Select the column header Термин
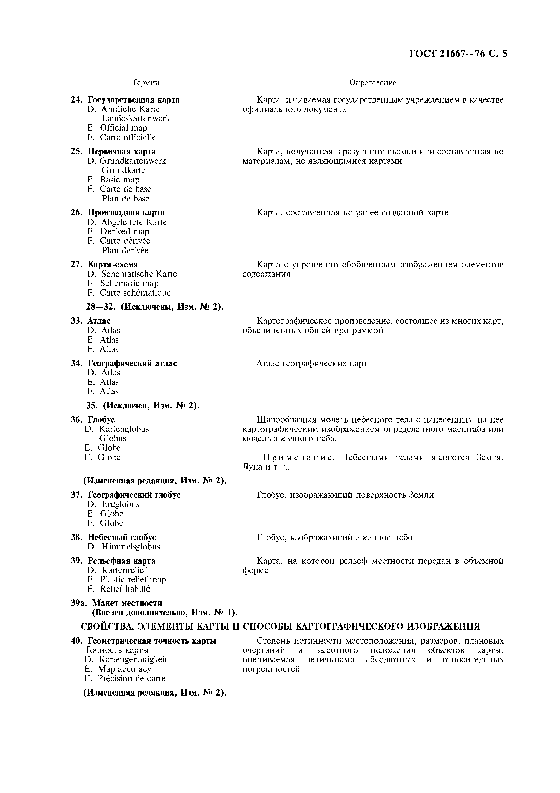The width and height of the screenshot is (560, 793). point(146,83)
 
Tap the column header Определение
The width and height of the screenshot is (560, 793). point(373,83)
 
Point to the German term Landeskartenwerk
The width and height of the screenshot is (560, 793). point(136,118)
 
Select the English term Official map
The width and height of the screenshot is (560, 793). point(123,128)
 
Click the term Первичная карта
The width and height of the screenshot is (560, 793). point(122,152)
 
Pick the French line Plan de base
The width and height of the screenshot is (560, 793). point(125,199)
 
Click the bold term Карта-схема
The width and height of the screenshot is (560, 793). point(113,265)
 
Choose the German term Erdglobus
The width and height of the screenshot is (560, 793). point(120,504)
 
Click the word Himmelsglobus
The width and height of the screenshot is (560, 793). point(130,547)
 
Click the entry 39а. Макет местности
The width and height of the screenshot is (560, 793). point(116,603)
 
